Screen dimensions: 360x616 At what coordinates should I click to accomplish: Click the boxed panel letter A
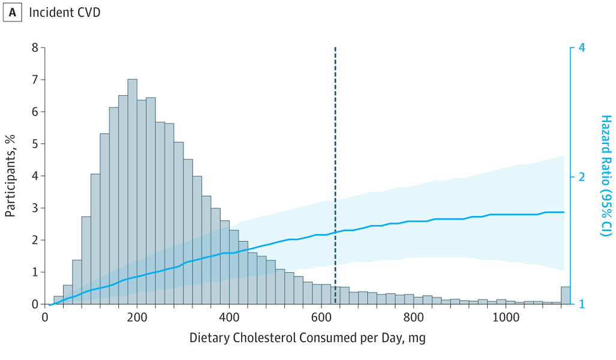point(13,13)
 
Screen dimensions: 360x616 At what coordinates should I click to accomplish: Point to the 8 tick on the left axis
point(35,47)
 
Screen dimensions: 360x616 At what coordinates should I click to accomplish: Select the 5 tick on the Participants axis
point(35,144)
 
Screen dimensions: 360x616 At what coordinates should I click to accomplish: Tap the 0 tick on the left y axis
point(35,304)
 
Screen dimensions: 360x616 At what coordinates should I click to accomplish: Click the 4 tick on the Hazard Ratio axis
point(581,47)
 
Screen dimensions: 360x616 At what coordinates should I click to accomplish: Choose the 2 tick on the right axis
point(581,176)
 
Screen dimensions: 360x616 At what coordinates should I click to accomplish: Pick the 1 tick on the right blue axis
point(581,304)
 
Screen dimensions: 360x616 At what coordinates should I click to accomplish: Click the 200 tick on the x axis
point(137,317)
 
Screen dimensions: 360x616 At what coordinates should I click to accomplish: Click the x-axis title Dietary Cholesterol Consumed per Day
point(307,338)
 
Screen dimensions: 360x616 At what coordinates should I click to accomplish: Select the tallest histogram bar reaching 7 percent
point(132,192)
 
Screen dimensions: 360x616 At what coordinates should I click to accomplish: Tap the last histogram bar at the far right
point(565,296)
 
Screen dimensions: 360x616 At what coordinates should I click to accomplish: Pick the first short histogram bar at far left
point(58,301)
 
